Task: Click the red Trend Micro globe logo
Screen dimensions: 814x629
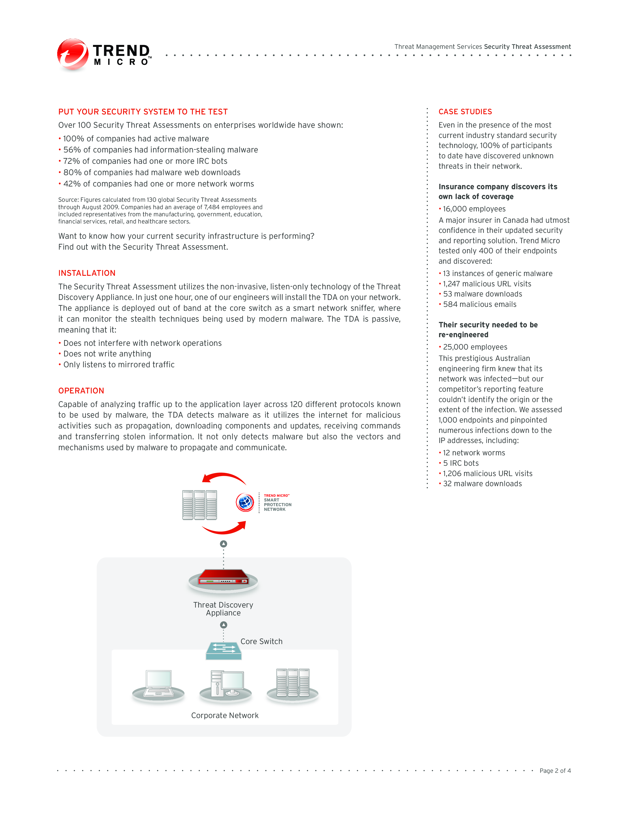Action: pos(73,55)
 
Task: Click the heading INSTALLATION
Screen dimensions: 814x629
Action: pos(87,273)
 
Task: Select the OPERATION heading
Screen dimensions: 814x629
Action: pos(81,391)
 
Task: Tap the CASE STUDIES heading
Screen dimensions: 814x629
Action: pos(465,112)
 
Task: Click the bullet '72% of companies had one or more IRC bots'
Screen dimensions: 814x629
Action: pos(145,161)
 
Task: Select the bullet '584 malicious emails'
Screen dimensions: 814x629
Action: pos(480,304)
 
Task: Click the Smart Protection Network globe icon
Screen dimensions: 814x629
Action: pos(245,502)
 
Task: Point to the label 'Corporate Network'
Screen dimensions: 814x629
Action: pos(225,716)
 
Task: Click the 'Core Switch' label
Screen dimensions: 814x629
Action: pos(261,641)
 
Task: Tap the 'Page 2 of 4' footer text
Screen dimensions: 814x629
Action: pos(555,771)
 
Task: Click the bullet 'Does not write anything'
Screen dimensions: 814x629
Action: pos(107,354)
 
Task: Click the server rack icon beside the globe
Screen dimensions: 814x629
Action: pos(199,505)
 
